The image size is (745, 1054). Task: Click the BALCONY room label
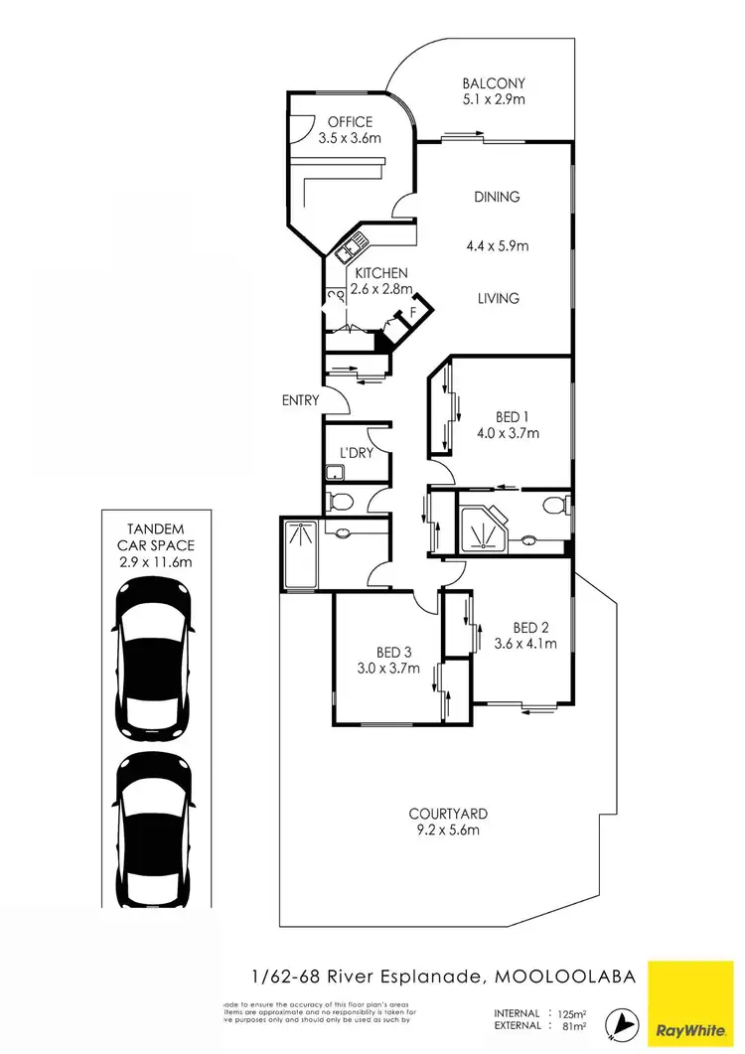point(494,83)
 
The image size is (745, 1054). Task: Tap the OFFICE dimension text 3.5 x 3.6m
point(350,139)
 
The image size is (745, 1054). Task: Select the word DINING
point(497,197)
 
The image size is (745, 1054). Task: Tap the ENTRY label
point(301,400)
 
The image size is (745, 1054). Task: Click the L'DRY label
point(355,453)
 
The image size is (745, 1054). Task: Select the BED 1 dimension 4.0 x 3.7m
point(508,433)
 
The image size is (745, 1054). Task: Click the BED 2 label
point(531,627)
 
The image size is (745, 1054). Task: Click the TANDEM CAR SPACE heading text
point(155,537)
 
